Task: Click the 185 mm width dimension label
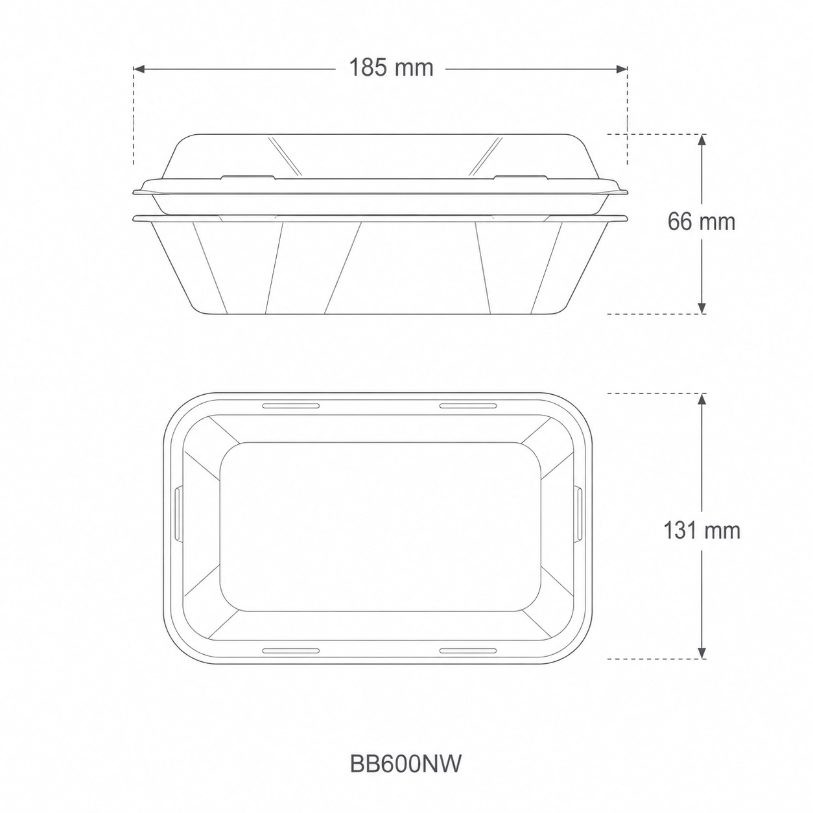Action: pos(391,67)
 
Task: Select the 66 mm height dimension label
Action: pos(701,222)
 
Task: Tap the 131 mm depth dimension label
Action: pos(701,530)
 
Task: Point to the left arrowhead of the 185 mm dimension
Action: pos(139,69)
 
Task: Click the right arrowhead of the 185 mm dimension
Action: pos(622,69)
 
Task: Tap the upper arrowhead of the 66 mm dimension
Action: pos(701,140)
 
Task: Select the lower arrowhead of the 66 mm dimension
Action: pos(701,308)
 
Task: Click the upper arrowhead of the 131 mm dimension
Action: pos(701,399)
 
